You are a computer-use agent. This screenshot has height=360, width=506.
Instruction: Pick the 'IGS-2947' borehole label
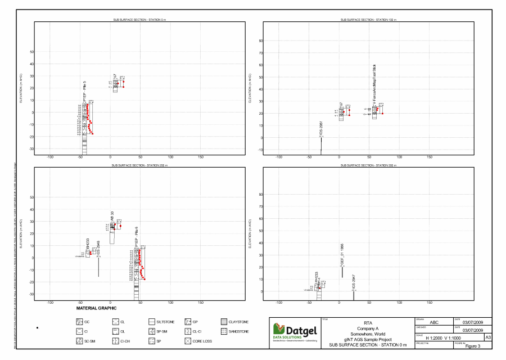click(x=354, y=282)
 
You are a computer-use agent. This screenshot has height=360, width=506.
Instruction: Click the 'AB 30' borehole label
click(x=112, y=217)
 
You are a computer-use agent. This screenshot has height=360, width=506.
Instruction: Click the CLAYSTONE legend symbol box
click(x=224, y=322)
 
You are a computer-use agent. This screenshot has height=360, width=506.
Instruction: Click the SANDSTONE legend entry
click(x=241, y=331)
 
